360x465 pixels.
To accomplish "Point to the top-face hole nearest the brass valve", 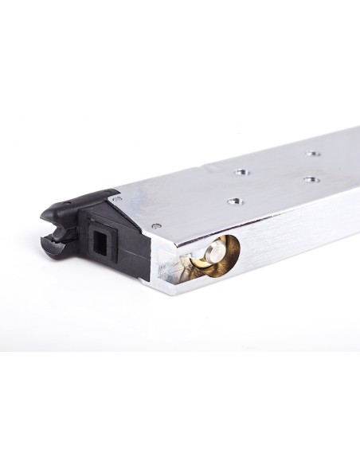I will point(233,201).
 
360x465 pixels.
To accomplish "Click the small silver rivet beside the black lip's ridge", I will point(118,195).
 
